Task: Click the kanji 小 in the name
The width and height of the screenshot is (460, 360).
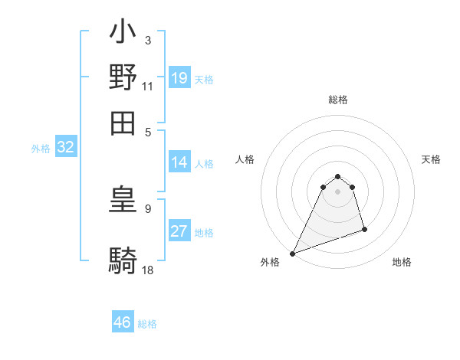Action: click(123, 34)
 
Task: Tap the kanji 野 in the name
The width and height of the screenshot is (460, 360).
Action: click(123, 77)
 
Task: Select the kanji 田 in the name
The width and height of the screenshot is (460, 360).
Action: click(123, 121)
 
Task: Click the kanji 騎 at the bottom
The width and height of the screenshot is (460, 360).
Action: click(123, 261)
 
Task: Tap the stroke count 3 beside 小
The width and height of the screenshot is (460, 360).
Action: click(148, 40)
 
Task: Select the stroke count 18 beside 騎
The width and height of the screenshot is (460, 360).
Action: click(148, 270)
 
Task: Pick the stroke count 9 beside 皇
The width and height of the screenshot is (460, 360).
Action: click(148, 208)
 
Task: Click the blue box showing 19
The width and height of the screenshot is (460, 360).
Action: click(179, 78)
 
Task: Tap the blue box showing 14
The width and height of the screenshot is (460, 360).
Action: click(179, 162)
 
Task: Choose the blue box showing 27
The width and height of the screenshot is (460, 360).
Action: click(179, 231)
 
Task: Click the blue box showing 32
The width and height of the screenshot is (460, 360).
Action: click(65, 148)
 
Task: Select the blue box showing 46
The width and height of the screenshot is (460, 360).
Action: click(123, 322)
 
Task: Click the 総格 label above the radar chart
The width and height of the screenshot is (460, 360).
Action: click(338, 100)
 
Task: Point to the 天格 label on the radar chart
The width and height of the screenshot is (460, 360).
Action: click(432, 159)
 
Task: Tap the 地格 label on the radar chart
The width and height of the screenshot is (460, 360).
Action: click(402, 262)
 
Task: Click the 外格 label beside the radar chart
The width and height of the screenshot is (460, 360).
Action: click(270, 262)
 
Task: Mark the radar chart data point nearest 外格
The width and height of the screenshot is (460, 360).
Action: click(293, 254)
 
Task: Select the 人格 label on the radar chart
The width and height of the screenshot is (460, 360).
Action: click(245, 159)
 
